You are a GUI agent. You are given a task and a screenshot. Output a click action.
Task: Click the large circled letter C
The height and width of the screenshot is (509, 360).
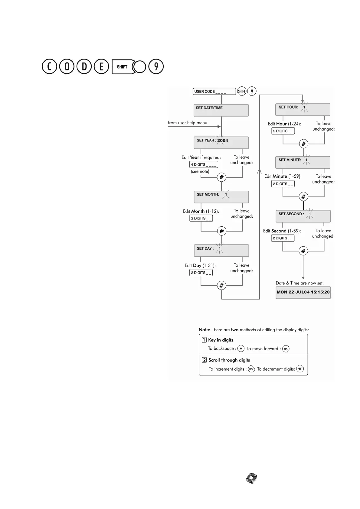point(49,67)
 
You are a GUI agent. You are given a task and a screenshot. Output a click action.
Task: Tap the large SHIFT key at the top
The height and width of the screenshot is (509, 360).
point(122,67)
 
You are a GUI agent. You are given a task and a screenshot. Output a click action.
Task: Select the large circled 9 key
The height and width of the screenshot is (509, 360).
point(156,67)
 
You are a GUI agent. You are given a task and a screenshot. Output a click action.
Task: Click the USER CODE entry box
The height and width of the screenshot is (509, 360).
point(214,91)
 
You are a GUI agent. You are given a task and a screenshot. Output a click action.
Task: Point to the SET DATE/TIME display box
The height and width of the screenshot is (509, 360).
point(221,110)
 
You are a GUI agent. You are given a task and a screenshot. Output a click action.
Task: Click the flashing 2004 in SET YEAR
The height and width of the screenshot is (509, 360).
point(222,141)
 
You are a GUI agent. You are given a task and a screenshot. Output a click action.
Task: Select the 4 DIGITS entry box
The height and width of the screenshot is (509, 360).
point(204,164)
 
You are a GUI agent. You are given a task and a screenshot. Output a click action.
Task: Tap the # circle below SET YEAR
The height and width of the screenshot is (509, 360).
point(221,177)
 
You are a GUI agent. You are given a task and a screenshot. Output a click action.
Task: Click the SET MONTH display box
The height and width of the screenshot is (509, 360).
point(221,197)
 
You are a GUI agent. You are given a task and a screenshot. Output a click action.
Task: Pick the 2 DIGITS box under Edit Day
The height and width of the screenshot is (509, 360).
point(201,273)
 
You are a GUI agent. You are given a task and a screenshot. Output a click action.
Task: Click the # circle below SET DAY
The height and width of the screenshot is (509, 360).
point(221,285)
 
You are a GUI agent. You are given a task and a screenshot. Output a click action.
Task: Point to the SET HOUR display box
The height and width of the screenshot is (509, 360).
point(303,109)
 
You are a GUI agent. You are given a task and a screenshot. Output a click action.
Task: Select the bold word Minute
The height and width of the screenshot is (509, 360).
point(280,176)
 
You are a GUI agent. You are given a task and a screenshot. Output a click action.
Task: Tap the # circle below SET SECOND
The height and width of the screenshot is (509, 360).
point(303,251)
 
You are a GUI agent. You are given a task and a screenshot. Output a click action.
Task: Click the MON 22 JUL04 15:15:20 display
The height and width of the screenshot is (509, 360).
point(303,292)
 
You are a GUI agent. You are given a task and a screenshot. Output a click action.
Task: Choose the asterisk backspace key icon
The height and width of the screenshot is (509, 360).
point(241,349)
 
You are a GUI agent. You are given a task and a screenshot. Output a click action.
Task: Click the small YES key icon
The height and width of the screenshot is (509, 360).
point(286,349)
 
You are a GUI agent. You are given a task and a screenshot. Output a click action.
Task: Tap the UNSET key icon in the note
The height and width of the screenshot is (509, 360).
point(251,369)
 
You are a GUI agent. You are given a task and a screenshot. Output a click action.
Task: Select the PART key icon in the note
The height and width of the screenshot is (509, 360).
point(300,369)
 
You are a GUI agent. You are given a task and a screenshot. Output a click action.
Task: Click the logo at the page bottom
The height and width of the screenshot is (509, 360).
point(251,478)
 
